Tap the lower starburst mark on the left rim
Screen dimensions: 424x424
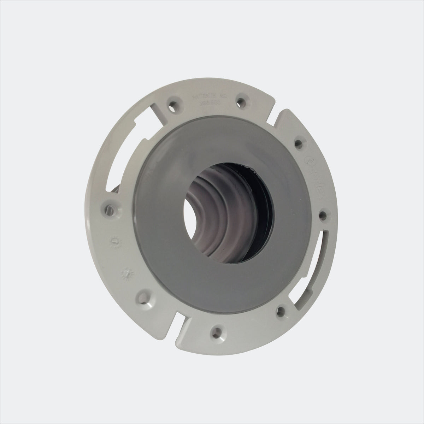coord(124,272)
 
